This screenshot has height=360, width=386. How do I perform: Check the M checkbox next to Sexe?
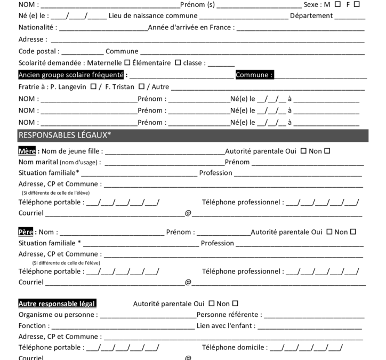[x=338, y=4]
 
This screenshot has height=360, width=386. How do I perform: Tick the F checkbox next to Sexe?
[x=357, y=4]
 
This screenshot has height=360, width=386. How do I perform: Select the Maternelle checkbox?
[x=127, y=62]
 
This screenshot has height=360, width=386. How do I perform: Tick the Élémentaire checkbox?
[x=178, y=62]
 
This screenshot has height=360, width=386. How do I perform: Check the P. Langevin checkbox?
[x=94, y=86]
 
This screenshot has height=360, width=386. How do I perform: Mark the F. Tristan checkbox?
[x=141, y=86]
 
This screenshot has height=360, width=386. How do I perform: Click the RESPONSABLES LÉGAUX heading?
[x=65, y=135]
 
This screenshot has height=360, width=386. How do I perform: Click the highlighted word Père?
[x=27, y=232]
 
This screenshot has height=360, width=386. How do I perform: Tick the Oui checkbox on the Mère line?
[x=303, y=151]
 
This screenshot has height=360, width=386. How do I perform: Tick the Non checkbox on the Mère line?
[x=327, y=151]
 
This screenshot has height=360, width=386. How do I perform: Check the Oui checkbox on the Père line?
[x=329, y=232]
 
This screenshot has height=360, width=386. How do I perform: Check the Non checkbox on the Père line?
[x=353, y=232]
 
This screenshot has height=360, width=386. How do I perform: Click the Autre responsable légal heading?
[x=57, y=304]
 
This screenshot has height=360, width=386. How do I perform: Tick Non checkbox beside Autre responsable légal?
[x=235, y=304]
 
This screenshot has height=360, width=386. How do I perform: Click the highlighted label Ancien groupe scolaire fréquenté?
[x=71, y=75]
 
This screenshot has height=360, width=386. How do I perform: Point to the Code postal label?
[x=38, y=51]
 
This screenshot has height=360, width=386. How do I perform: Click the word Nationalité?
[x=36, y=27]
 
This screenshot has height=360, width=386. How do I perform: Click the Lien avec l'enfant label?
[x=226, y=325]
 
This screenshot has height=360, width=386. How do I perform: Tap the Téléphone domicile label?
[x=234, y=348]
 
